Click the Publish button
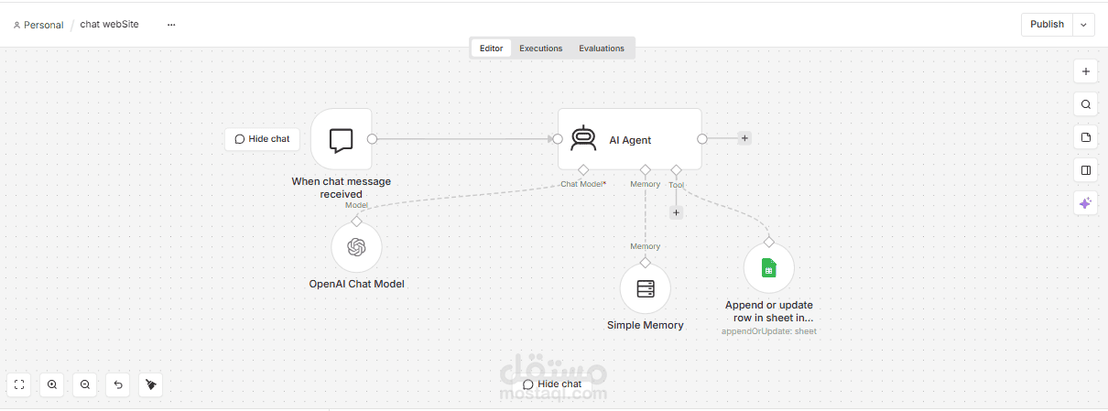click(x=1047, y=24)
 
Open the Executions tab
click(x=540, y=49)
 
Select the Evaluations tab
click(x=602, y=49)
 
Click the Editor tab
click(x=491, y=49)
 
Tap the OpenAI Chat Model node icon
click(x=356, y=247)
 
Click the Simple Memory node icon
click(x=645, y=288)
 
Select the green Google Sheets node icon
click(x=768, y=268)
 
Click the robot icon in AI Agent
click(x=583, y=138)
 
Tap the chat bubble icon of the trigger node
click(x=341, y=140)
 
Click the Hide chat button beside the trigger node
click(x=262, y=139)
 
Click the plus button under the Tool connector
click(x=676, y=212)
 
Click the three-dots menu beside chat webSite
click(x=171, y=25)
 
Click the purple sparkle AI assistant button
click(x=1085, y=203)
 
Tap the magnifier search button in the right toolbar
click(x=1085, y=104)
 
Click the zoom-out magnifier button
click(x=85, y=384)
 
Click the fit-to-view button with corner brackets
click(x=19, y=384)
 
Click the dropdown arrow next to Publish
click(x=1083, y=25)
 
